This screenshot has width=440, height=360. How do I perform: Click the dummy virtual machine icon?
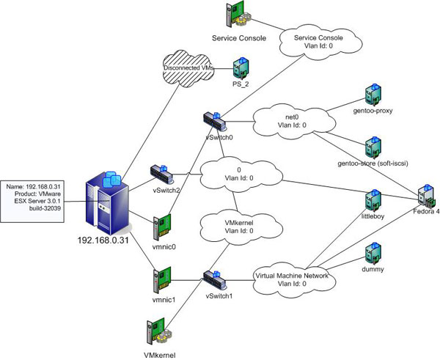click(373, 254)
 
